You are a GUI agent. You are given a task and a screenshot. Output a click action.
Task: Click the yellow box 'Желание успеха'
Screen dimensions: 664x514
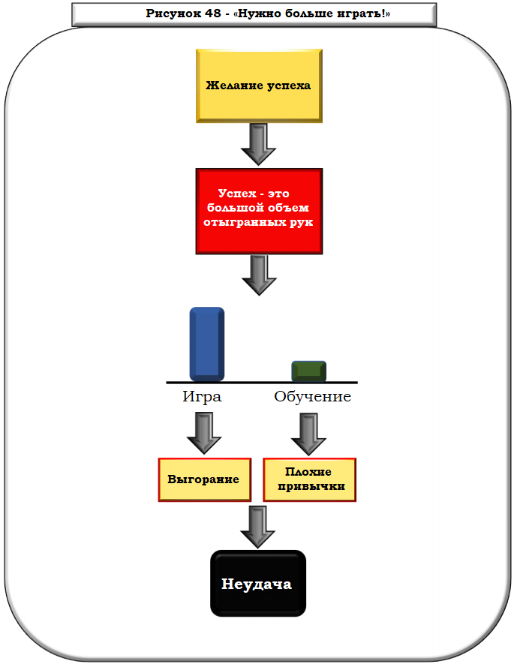pyautogui.click(x=259, y=86)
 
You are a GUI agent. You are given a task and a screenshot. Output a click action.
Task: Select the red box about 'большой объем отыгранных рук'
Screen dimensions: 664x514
pyautogui.click(x=259, y=211)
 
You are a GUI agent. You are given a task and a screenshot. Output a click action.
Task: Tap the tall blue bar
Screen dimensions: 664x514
pyautogui.click(x=206, y=343)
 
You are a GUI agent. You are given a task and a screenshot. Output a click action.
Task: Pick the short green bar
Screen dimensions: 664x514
pyautogui.click(x=308, y=371)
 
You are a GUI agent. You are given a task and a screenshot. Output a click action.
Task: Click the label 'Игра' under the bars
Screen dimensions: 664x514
pyautogui.click(x=202, y=397)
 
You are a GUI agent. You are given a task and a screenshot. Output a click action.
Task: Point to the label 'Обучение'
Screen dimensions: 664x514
pyautogui.click(x=312, y=397)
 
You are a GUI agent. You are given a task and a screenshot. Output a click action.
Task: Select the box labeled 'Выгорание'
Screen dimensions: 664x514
pyautogui.click(x=203, y=479)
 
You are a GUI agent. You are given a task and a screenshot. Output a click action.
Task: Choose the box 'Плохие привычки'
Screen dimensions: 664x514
pyautogui.click(x=309, y=479)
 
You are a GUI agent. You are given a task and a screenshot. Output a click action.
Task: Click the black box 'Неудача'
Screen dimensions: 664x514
pyautogui.click(x=257, y=584)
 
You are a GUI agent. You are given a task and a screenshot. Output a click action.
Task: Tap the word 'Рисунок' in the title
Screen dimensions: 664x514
pyautogui.click(x=169, y=14)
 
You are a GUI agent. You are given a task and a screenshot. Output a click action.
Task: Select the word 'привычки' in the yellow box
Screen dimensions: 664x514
pyautogui.click(x=310, y=486)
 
